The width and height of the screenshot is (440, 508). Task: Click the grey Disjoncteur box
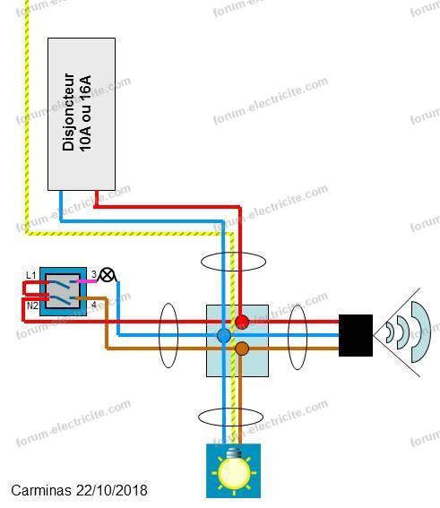point(82,114)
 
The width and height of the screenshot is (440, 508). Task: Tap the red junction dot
point(242,322)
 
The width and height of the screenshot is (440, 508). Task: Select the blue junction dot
point(224,336)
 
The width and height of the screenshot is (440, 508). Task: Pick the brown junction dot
point(242,349)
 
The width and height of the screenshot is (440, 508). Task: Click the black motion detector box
point(356,335)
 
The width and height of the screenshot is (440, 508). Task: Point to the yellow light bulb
point(235,469)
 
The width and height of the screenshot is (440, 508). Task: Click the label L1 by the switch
point(31,275)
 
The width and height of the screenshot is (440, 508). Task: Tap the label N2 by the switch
point(32,306)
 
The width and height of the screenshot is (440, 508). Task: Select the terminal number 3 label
point(94,274)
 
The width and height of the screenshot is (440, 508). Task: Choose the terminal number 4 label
point(93,305)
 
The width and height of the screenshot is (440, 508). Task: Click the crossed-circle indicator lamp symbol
point(107,275)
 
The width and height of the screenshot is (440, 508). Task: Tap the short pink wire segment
point(86,281)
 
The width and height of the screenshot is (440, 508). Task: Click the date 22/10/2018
point(111,490)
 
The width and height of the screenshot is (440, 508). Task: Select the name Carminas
point(41,490)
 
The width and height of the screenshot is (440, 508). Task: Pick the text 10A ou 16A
point(85,114)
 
